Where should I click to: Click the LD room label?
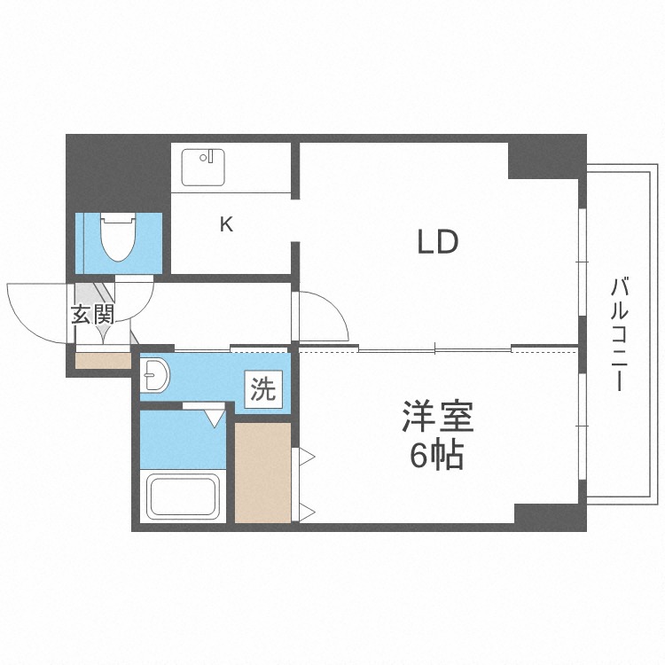[437, 241]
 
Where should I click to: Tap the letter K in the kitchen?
[227, 224]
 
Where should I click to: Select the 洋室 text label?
[437, 417]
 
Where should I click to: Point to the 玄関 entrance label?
[92, 315]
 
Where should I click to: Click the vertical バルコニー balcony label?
[620, 335]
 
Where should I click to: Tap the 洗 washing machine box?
[263, 389]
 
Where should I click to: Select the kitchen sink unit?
[204, 168]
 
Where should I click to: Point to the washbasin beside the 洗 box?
[157, 376]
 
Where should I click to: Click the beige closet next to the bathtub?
[262, 473]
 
